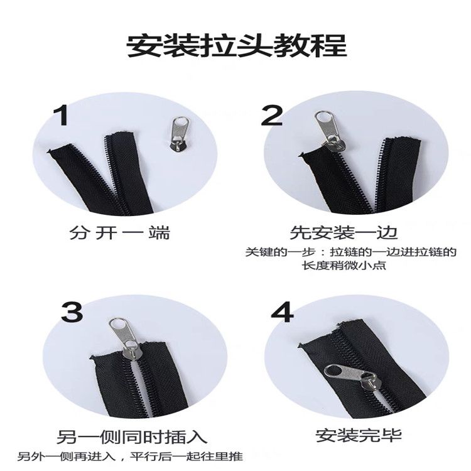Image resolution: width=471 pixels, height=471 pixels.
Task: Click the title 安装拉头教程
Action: click(x=237, y=46)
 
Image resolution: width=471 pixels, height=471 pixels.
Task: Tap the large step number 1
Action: click(x=61, y=116)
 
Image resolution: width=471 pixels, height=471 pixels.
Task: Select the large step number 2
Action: click(x=272, y=116)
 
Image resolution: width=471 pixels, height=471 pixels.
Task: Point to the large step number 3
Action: click(x=72, y=311)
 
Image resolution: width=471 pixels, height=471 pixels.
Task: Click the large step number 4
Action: click(x=282, y=312)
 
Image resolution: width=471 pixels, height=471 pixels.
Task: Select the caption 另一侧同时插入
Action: click(x=132, y=437)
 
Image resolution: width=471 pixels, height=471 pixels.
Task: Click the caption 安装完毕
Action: click(x=359, y=436)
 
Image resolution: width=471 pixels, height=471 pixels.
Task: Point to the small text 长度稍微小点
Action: click(x=344, y=266)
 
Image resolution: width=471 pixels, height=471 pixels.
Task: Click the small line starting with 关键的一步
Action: click(x=351, y=252)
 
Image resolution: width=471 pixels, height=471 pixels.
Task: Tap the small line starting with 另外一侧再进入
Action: click(x=130, y=457)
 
